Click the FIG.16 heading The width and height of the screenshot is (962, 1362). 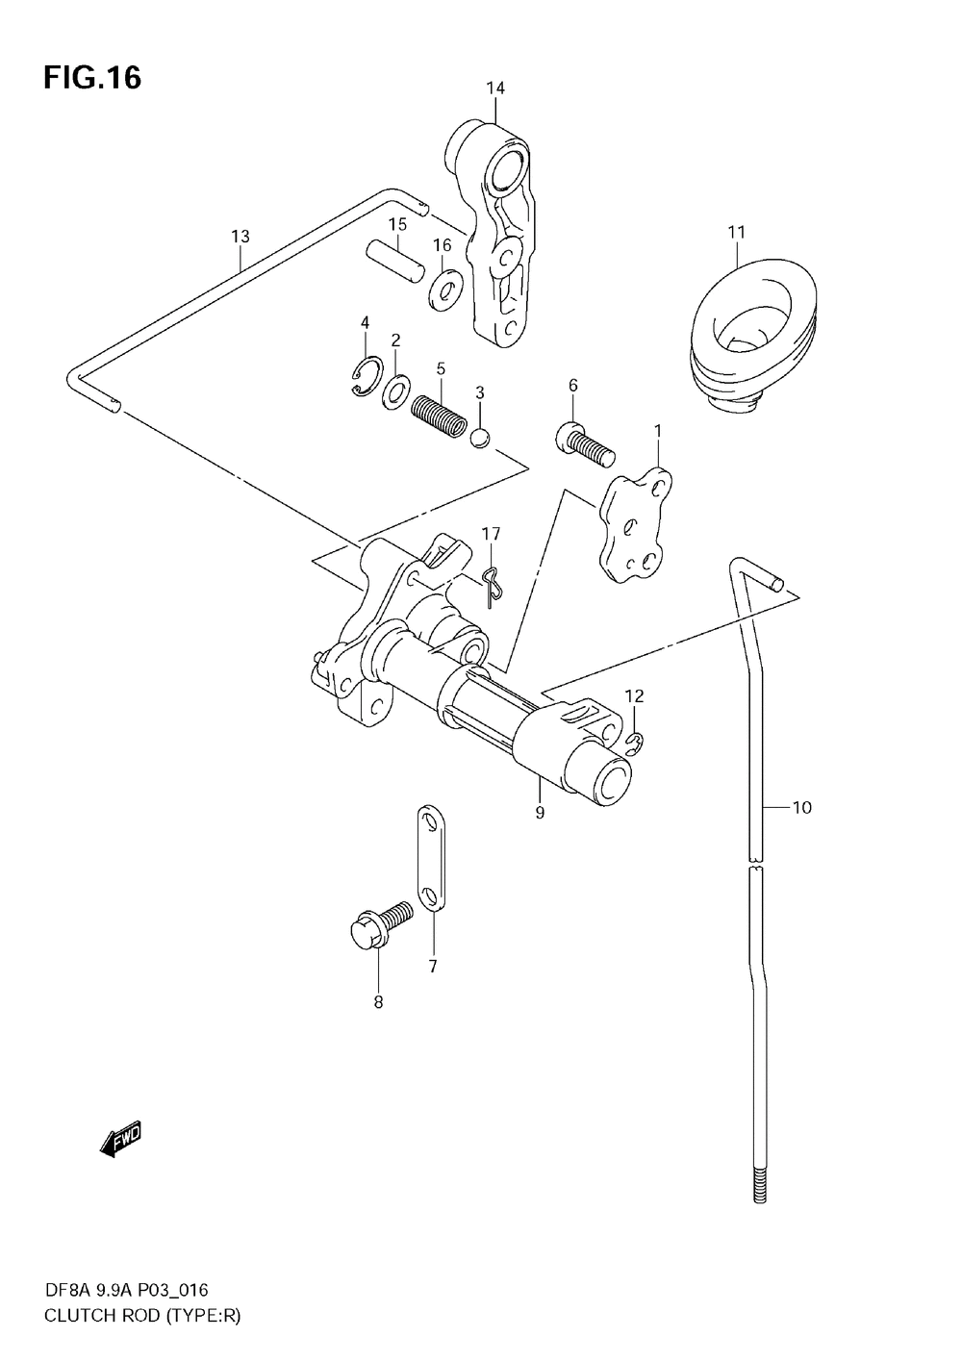tap(91, 78)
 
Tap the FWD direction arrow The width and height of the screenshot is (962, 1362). tap(121, 1139)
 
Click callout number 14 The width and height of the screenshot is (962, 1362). tap(494, 88)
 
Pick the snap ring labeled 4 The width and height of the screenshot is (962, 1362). tap(366, 376)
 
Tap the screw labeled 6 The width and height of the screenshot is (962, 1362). tap(583, 441)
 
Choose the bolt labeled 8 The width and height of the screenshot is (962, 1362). tap(377, 923)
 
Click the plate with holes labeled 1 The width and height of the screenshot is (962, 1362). tap(633, 524)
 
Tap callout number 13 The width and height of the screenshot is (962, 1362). tap(240, 236)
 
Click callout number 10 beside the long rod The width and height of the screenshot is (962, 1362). tap(801, 807)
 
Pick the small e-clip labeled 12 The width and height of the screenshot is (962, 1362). tap(634, 739)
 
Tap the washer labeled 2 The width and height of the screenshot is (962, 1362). tap(395, 391)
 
